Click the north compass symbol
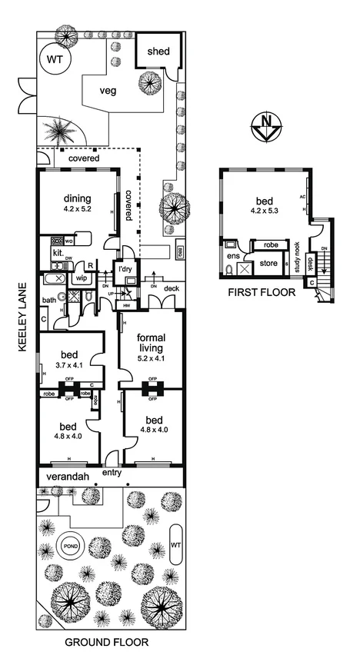[265, 127]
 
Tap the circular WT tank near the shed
[55, 59]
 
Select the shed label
[158, 52]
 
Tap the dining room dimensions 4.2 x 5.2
[77, 208]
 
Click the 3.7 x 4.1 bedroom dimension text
[68, 366]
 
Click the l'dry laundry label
[125, 269]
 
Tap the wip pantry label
[82, 279]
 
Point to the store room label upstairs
[269, 264]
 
